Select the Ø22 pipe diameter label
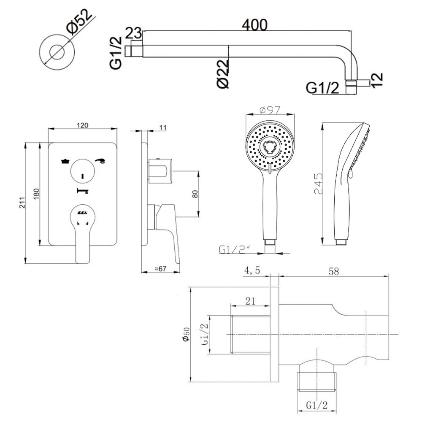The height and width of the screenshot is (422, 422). tap(223, 73)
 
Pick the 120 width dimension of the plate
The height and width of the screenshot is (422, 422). tap(82, 125)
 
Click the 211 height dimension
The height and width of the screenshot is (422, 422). tap(22, 203)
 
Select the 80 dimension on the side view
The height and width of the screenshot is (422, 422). tap(195, 194)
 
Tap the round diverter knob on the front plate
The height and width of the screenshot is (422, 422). tap(83, 173)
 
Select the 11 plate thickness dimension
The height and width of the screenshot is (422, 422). tap(164, 127)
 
